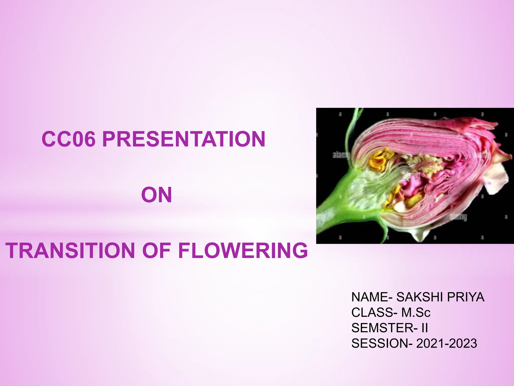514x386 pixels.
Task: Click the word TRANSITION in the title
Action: (x=71, y=251)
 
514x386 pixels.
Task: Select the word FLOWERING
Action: (x=243, y=251)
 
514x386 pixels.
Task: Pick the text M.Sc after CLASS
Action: (x=416, y=313)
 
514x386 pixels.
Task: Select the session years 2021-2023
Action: (x=446, y=344)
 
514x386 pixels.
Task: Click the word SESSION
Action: (x=380, y=344)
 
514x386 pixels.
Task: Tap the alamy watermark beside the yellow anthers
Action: (x=341, y=155)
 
